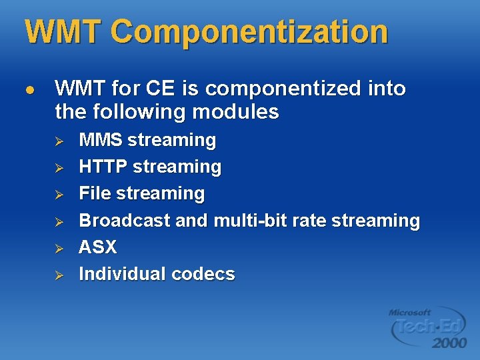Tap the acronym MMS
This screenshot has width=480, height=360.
[x=101, y=140]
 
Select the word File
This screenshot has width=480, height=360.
[x=95, y=193]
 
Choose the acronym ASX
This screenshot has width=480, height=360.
[x=97, y=247]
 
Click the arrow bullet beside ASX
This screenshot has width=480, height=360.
[x=58, y=247]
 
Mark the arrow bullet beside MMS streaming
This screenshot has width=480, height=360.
[x=58, y=141]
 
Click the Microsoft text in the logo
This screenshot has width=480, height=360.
[x=409, y=312]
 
